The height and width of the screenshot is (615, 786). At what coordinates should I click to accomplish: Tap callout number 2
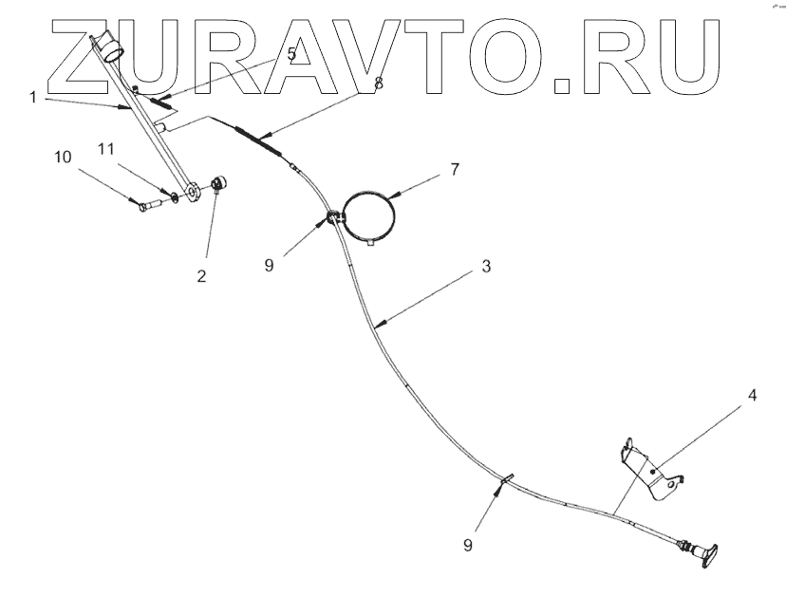200,277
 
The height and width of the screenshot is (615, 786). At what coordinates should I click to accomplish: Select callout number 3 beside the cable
485,267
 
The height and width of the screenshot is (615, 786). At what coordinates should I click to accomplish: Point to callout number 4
751,394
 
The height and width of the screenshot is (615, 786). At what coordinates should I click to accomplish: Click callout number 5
290,54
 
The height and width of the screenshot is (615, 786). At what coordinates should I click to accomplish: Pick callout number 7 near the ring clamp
454,169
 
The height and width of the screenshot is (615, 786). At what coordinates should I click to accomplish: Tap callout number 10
62,157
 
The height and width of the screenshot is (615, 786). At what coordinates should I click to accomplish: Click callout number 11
106,150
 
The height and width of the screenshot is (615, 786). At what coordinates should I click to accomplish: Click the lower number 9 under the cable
466,545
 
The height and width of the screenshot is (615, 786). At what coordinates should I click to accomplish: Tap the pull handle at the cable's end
707,554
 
